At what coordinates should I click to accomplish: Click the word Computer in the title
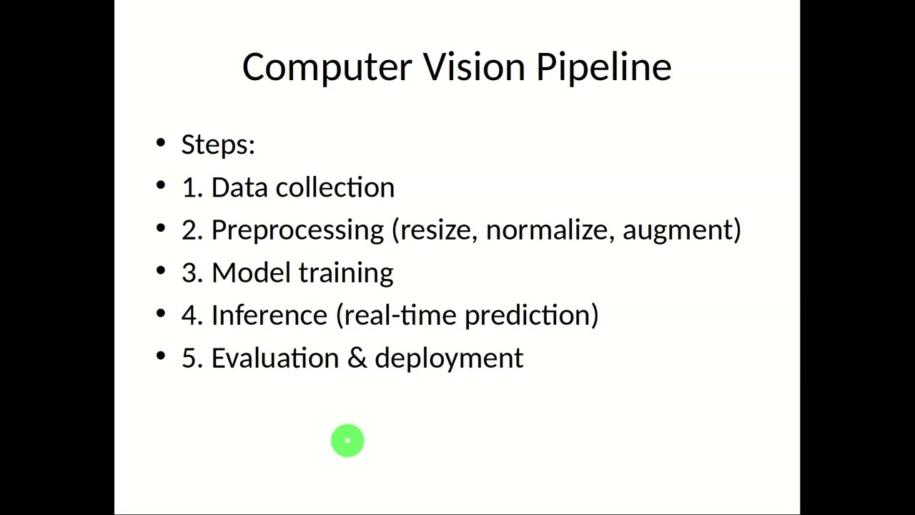click(327, 67)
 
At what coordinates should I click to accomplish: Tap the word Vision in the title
click(474, 67)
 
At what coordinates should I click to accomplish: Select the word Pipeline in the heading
click(603, 67)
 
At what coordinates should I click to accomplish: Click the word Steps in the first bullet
click(215, 144)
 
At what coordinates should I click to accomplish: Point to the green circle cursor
click(347, 441)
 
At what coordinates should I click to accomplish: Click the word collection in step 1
click(335, 187)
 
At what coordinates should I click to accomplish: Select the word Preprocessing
click(297, 230)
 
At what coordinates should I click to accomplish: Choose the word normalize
click(550, 230)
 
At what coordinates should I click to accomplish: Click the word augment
click(678, 230)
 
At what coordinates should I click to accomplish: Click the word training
click(346, 273)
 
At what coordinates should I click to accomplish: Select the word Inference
click(269, 315)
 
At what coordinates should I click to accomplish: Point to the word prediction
click(528, 315)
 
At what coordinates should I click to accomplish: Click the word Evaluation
click(274, 358)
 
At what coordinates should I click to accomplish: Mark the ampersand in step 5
click(356, 358)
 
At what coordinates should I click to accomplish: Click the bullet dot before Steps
click(160, 144)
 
